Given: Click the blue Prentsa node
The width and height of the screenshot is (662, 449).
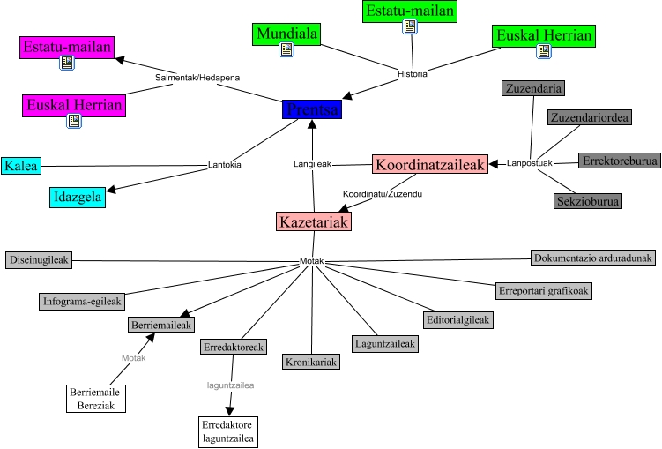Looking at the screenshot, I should point(311,109).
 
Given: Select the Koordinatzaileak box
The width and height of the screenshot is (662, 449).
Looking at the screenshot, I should point(430,164).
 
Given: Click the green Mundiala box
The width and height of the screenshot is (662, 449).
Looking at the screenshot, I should point(286,34).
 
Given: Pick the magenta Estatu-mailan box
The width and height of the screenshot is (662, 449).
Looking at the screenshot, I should point(68,47).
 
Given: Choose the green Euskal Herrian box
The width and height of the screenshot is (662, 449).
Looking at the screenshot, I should point(543,36).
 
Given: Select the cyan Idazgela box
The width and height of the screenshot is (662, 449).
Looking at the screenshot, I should point(77,197).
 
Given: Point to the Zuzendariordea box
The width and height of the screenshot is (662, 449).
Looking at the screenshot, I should point(588,117).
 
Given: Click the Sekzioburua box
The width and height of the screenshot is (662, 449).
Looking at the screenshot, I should point(588,201).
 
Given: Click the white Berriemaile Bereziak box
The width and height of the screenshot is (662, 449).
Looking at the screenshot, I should point(97,398).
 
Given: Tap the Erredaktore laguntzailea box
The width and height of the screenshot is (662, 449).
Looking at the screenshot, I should point(227,430).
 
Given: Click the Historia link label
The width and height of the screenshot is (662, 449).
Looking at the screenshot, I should point(413,74).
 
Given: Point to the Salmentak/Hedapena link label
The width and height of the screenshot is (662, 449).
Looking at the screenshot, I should point(197,78).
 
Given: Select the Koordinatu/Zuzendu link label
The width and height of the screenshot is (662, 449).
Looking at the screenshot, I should point(382,193).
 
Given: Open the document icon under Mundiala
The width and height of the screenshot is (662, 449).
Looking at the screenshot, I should point(286,50).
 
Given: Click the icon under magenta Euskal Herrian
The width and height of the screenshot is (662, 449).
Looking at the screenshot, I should point(73,121).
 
